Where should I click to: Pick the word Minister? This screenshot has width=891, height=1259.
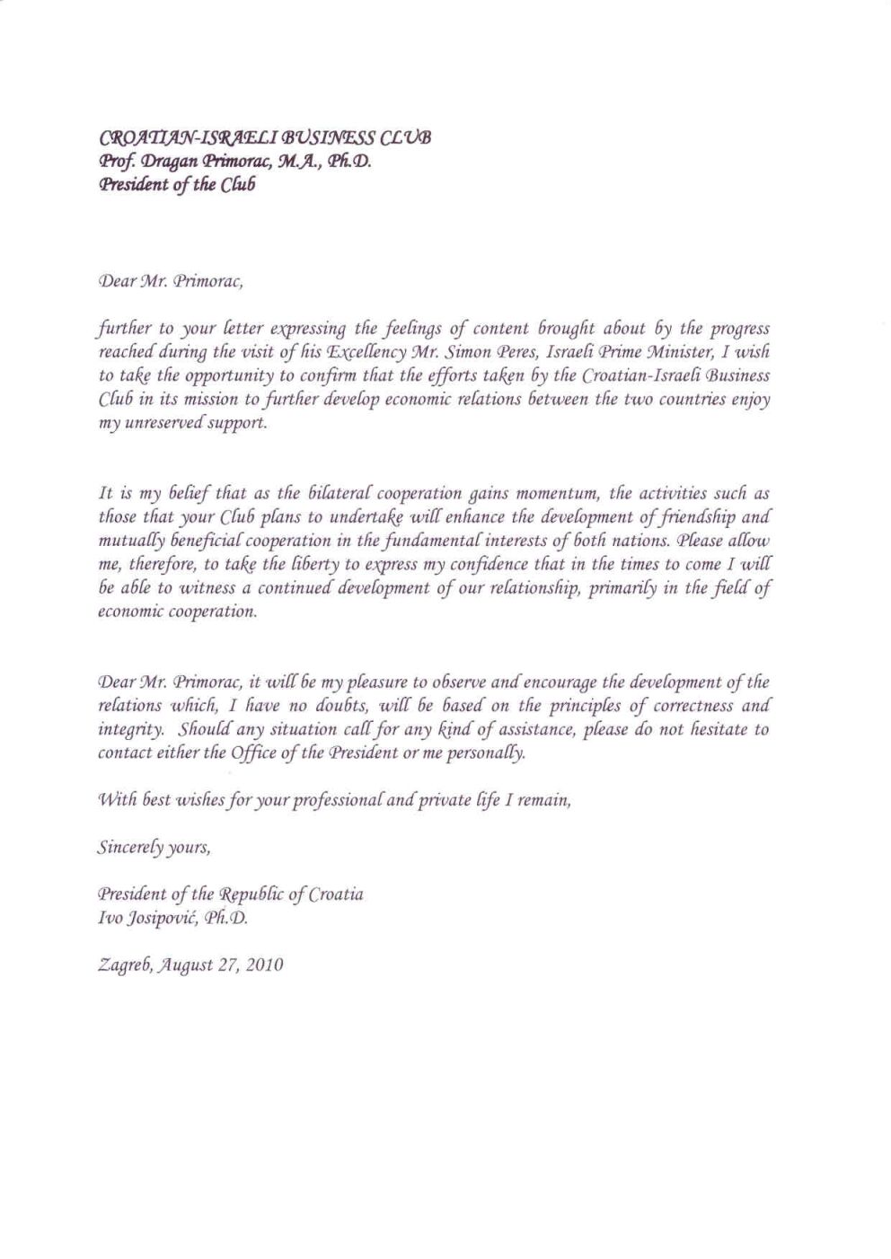(685, 352)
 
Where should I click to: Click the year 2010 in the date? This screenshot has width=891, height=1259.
(265, 966)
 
